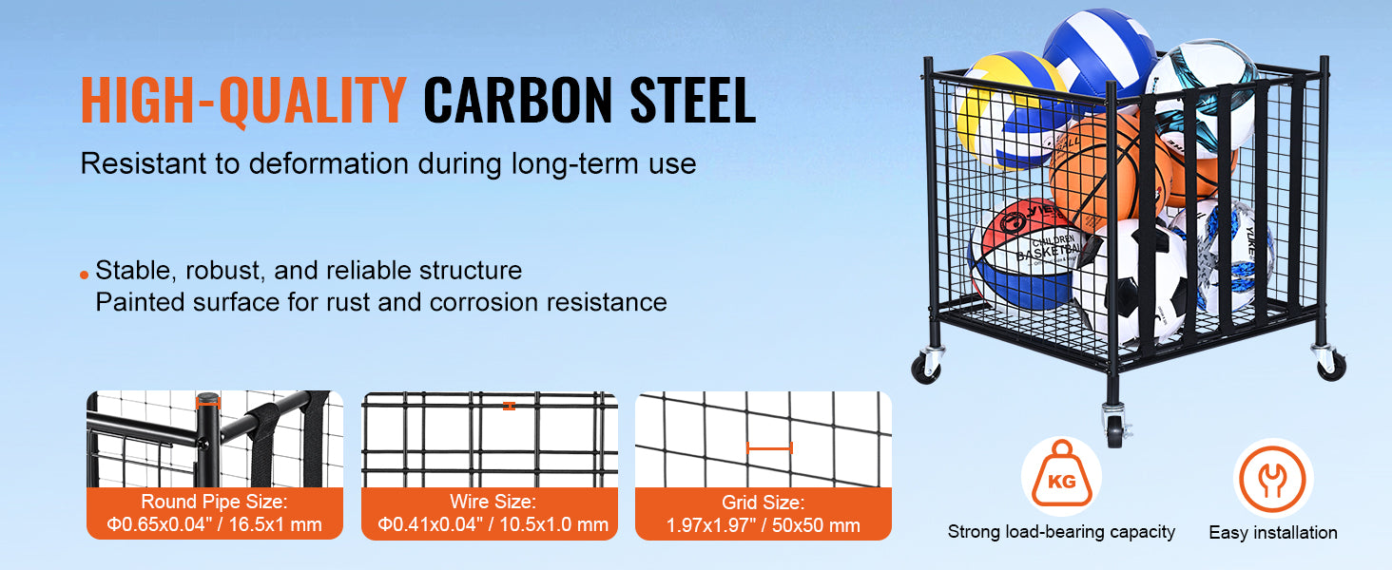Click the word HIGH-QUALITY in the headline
(243, 100)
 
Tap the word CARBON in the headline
(518, 100)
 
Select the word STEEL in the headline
(693, 100)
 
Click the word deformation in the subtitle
(329, 163)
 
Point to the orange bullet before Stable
(85, 275)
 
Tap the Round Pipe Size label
(214, 502)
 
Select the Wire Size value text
(493, 524)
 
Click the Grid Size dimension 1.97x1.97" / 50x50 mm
(764, 525)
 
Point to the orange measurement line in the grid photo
(769, 447)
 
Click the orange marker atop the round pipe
(207, 403)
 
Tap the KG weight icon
(1061, 476)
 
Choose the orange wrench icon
(1273, 479)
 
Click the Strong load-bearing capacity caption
(1061, 532)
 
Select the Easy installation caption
(1273, 532)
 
